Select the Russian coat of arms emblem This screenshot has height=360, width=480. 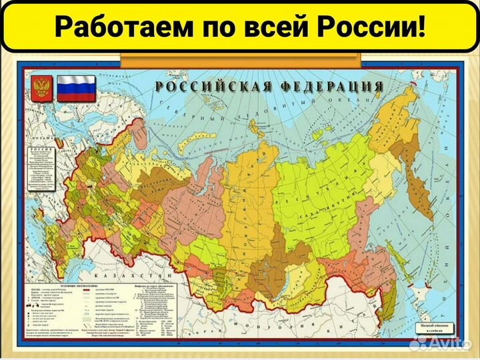point(41,89)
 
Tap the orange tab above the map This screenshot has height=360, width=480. point(240,58)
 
